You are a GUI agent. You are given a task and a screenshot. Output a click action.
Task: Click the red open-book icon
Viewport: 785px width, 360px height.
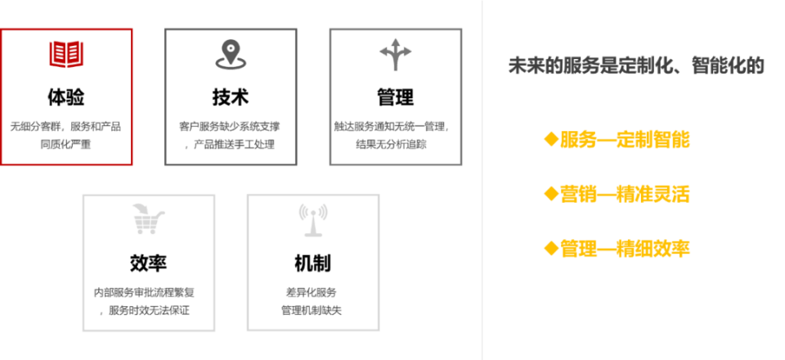(x=66, y=54)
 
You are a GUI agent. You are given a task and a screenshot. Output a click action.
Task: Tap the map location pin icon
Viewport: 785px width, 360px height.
(x=231, y=54)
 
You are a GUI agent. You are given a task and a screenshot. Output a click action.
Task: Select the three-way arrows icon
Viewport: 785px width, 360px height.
(x=396, y=53)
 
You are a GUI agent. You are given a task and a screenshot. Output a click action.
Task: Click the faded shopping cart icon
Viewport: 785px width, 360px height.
(x=148, y=218)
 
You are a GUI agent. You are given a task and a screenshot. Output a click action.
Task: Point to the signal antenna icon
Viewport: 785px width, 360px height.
(x=313, y=219)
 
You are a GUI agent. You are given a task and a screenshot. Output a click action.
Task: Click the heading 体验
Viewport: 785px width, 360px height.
(x=66, y=97)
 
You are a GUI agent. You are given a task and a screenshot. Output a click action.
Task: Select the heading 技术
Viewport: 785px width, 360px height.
(x=231, y=97)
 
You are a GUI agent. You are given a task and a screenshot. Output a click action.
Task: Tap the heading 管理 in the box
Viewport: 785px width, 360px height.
(x=396, y=97)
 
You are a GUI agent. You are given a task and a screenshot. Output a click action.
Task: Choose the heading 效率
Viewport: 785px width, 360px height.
(x=148, y=263)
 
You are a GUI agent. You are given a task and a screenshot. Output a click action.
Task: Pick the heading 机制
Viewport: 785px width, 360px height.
(x=313, y=263)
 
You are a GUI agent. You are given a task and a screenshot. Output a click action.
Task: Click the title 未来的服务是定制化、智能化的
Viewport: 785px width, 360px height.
(x=636, y=65)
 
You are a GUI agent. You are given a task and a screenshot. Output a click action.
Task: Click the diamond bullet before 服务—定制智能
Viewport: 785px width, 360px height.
(x=551, y=138)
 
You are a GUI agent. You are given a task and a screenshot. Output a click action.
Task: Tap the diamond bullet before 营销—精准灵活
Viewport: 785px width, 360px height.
(x=551, y=193)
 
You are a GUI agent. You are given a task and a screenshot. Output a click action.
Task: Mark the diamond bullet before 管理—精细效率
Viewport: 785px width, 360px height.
(x=551, y=247)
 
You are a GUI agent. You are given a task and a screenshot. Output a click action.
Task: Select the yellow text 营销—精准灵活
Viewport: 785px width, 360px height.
(x=625, y=194)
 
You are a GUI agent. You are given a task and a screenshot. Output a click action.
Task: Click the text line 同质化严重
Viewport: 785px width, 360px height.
(x=66, y=145)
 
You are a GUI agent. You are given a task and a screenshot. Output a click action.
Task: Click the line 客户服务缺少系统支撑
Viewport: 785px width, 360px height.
(x=230, y=126)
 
